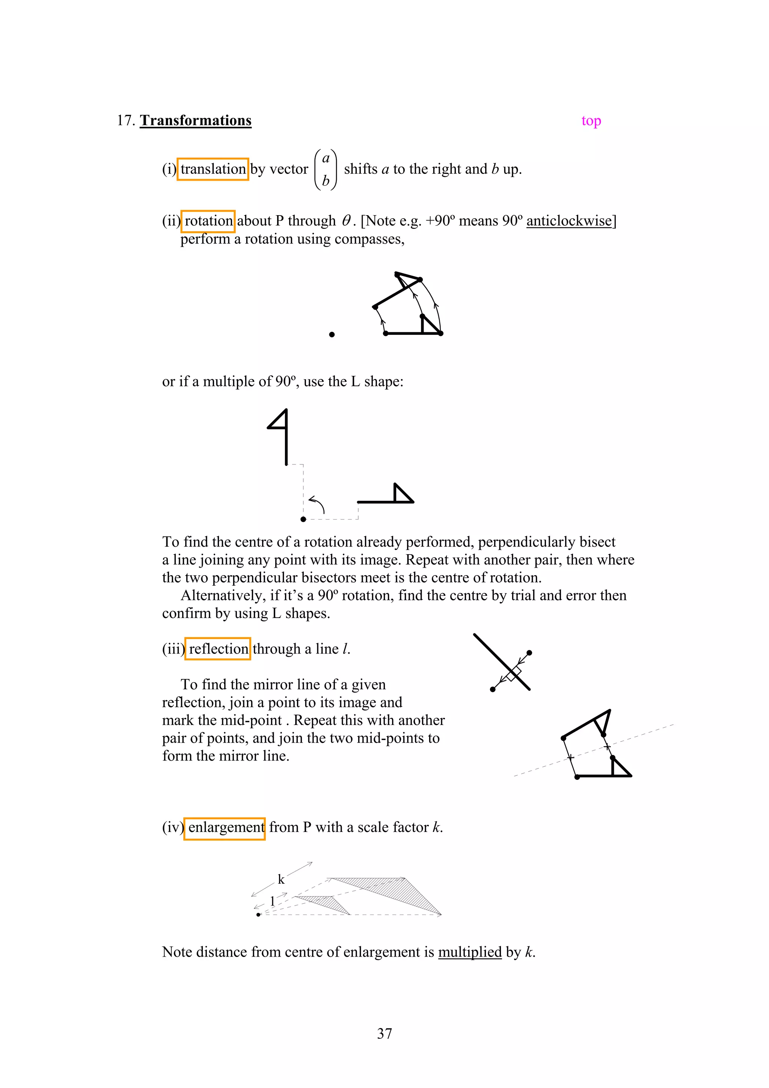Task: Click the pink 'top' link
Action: coord(591,121)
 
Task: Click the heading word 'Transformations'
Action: coord(195,121)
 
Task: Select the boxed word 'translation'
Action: coord(213,169)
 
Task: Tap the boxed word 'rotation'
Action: coord(208,221)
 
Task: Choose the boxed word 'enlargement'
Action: coord(225,827)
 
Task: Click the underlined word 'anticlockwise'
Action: coord(568,221)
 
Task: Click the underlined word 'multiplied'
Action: coord(470,952)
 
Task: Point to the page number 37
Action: coord(384,1034)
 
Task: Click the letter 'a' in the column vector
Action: coord(326,158)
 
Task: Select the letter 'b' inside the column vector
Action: coord(326,181)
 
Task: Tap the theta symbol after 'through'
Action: coord(346,221)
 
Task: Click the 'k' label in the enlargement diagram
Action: coord(281,880)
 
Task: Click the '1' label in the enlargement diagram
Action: coord(273,900)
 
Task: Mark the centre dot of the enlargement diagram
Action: coord(258,915)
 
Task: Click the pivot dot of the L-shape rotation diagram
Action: coord(303,519)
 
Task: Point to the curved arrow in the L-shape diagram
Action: coord(317,504)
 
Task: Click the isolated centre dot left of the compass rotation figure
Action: coord(332,335)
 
